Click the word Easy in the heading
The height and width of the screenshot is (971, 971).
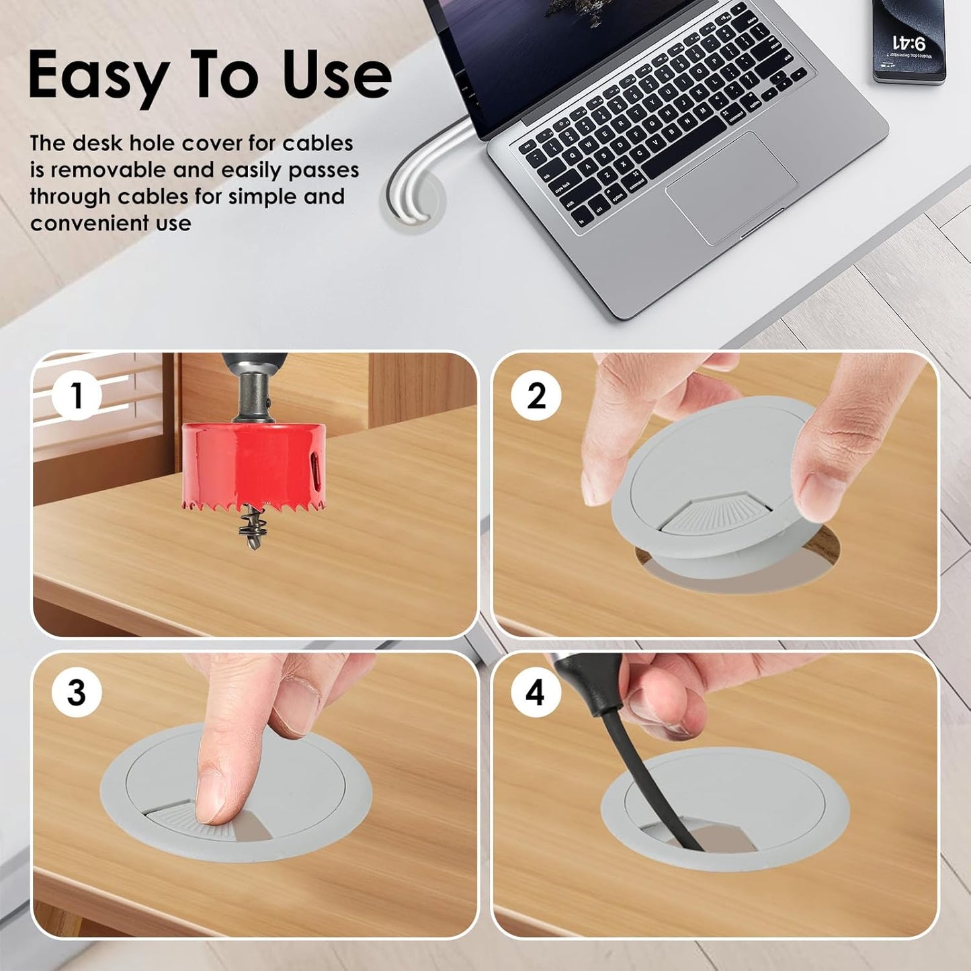coord(97,75)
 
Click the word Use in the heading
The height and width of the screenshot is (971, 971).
coord(336,75)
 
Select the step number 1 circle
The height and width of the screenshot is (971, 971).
coord(77,395)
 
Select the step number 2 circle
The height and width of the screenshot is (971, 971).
coord(536,395)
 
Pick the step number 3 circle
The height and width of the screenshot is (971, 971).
coord(77,692)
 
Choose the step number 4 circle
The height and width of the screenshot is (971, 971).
coord(535,692)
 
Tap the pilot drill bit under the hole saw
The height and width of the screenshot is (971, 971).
coord(249,527)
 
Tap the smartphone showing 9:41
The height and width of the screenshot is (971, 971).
coord(909,40)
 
